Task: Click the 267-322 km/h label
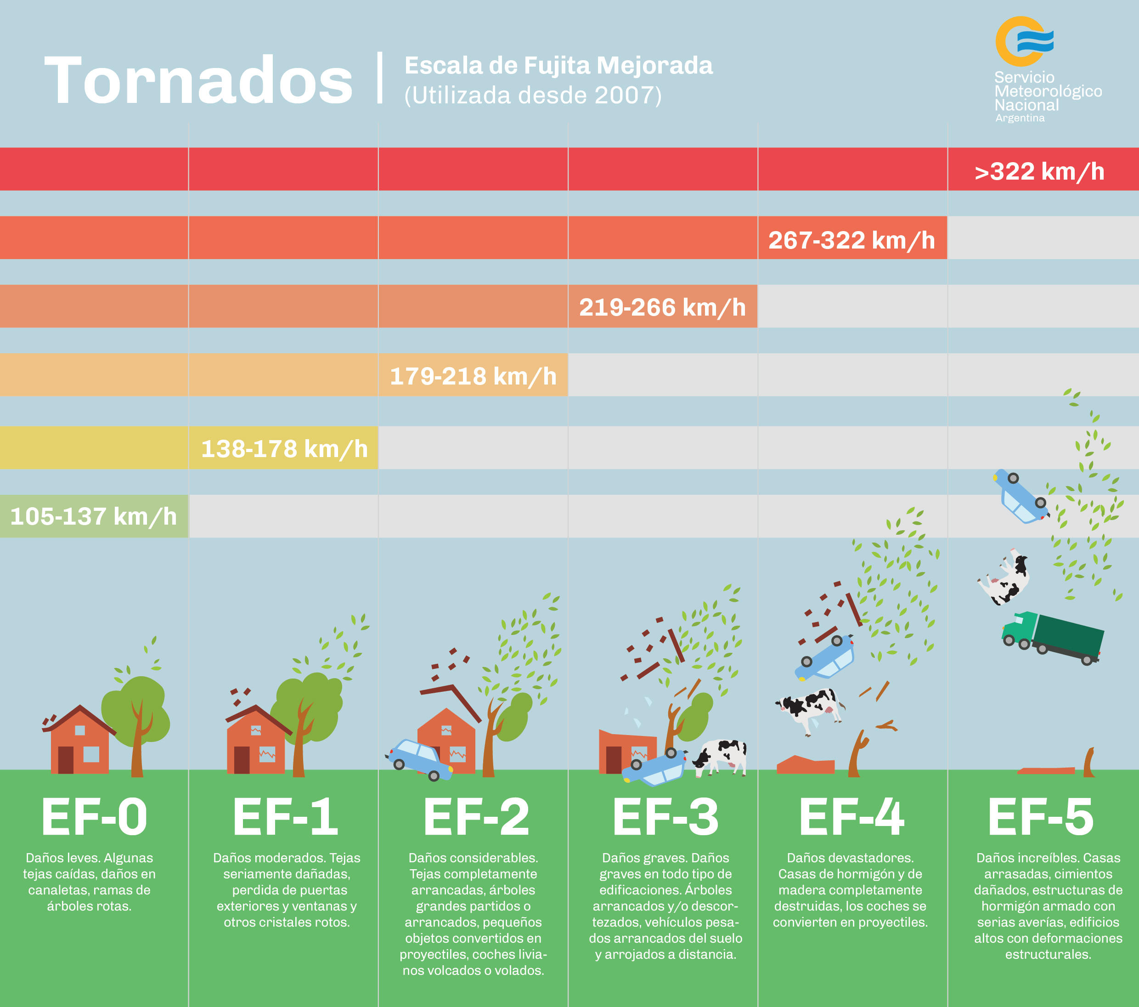(851, 240)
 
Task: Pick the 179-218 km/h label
(473, 376)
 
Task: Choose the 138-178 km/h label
(284, 449)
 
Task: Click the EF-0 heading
(94, 817)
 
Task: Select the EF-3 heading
(665, 817)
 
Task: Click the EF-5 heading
(1040, 817)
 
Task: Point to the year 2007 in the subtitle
(624, 95)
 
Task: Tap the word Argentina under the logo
(1020, 118)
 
